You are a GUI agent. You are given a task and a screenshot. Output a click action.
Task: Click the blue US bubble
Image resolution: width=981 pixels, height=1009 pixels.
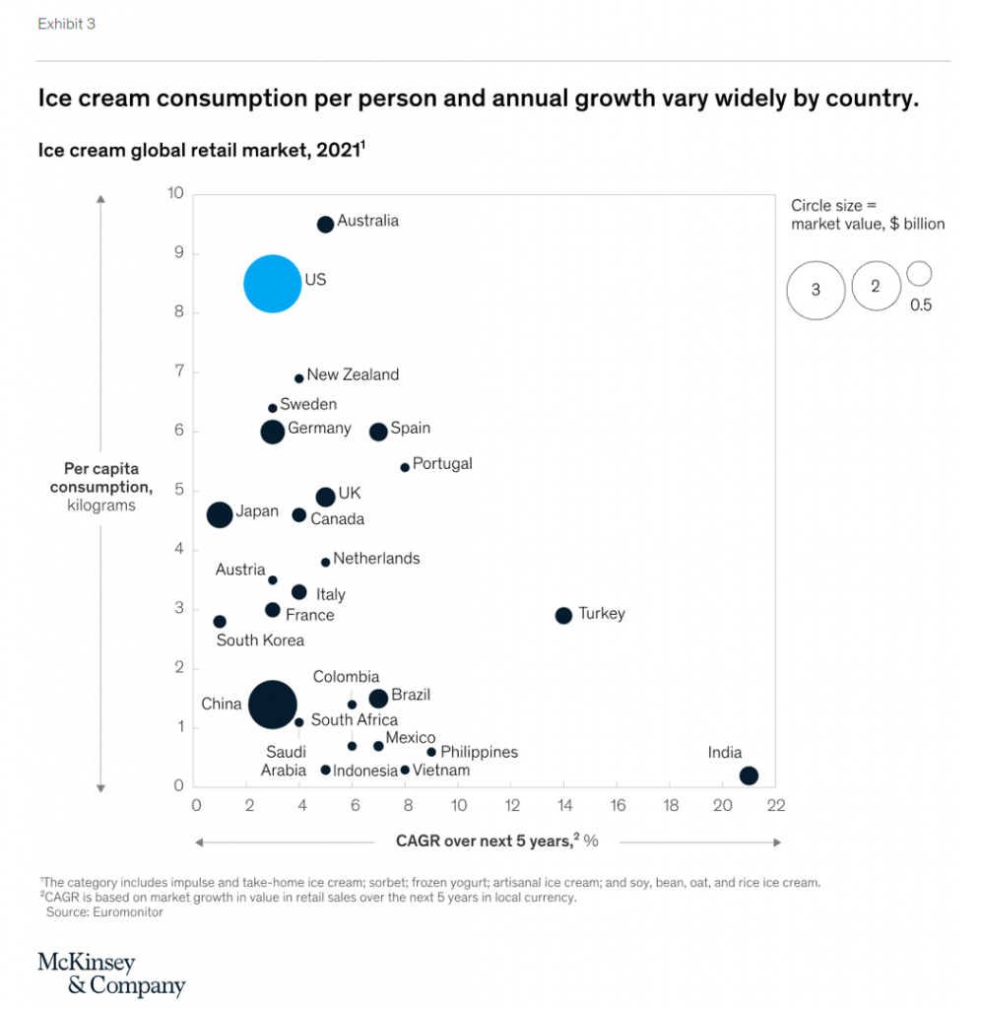[273, 284]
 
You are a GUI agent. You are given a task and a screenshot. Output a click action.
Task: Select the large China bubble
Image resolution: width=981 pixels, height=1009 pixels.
[273, 705]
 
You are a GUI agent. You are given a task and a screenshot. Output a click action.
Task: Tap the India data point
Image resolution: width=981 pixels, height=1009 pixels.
[749, 775]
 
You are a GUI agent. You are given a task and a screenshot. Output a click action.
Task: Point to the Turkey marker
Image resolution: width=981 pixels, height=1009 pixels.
[563, 616]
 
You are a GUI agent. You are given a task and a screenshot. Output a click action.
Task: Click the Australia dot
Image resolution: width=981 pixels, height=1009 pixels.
[325, 225]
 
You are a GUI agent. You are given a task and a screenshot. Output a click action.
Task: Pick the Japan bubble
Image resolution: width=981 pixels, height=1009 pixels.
[220, 514]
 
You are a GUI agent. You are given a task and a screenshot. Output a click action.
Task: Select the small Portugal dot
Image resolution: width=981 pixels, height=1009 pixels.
[405, 467]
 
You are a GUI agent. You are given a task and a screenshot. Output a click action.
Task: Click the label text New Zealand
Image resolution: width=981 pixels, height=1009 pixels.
[353, 374]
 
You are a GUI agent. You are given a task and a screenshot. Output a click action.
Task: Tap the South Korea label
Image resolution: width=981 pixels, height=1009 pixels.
[260, 640]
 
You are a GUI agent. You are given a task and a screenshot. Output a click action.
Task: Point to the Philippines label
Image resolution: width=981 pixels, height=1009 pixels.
[479, 752]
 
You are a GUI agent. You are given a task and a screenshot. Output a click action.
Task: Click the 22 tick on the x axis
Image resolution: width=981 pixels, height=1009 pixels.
[775, 806]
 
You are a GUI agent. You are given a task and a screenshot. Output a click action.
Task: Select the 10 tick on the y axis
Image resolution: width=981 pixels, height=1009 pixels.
[175, 193]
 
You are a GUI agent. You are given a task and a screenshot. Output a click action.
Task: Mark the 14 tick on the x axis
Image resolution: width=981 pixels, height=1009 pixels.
[563, 806]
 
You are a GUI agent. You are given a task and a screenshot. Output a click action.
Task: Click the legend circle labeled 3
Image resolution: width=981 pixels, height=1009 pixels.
[816, 291]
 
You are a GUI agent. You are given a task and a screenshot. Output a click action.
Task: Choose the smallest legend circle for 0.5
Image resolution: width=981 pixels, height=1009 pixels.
[920, 274]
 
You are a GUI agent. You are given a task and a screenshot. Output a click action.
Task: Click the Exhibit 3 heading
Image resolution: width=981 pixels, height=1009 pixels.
[66, 24]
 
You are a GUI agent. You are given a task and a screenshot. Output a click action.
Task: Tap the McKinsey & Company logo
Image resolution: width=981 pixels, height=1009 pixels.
[111, 974]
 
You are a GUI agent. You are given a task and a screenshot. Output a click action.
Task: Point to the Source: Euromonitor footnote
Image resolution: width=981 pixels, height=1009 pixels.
[104, 912]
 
